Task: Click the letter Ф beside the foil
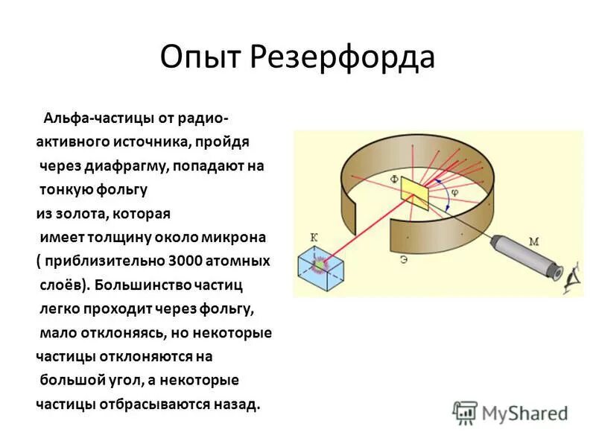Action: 393,180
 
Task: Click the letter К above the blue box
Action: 314,237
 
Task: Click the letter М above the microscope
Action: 533,240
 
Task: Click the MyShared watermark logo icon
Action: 465,412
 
